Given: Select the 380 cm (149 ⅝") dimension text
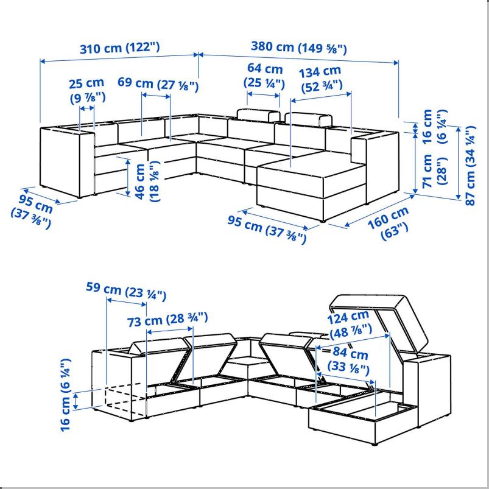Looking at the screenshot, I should click(x=298, y=47).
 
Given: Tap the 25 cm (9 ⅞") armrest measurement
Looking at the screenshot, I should click(x=86, y=89).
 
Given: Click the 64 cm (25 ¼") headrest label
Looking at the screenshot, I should click(x=264, y=76).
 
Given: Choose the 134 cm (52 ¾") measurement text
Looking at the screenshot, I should click(x=320, y=79).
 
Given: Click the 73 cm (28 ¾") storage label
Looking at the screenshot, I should click(x=168, y=319).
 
